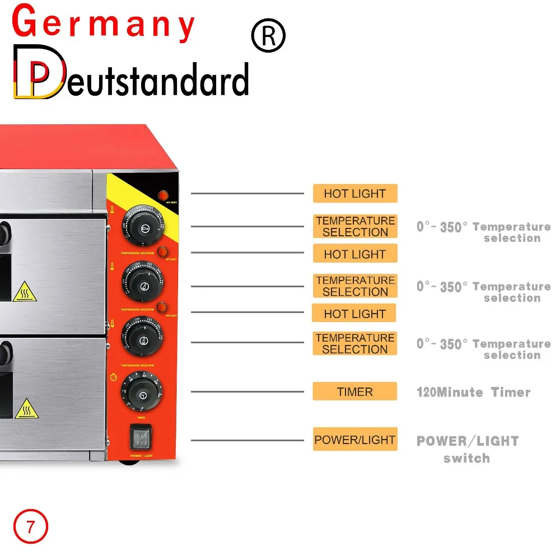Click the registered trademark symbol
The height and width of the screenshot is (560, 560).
268,36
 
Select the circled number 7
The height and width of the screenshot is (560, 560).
31,526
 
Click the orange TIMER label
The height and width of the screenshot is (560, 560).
354,391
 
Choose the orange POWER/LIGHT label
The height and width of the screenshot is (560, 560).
354,440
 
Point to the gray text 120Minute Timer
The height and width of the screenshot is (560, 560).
473,392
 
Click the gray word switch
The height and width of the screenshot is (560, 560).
466,459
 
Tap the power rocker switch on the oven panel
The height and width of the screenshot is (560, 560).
141,437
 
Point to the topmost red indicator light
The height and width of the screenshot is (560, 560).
164,195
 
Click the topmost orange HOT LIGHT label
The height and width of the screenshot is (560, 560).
354,194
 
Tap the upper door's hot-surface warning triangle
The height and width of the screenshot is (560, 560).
25,292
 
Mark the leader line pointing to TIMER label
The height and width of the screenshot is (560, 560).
246,391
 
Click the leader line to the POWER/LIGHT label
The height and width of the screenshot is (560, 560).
246,440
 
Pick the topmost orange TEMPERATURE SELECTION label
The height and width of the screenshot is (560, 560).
354,226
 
